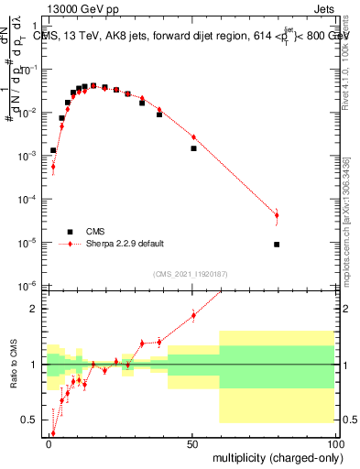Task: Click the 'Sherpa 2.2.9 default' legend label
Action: [125, 244]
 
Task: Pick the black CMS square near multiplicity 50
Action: [193, 148]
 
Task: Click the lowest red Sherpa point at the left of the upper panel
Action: [53, 168]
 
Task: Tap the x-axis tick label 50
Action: [193, 444]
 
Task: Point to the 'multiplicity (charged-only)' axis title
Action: [275, 457]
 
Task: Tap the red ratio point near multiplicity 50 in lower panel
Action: [193, 316]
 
